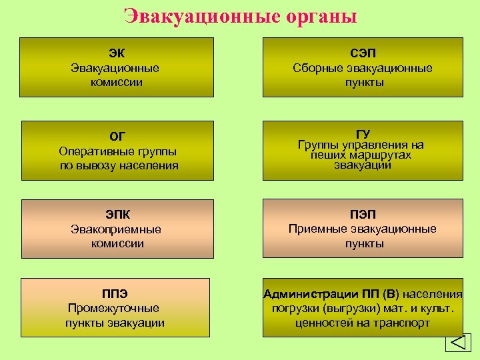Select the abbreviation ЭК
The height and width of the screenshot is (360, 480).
[117, 53]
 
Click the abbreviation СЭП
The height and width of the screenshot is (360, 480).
[363, 53]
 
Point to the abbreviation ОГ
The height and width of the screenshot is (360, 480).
[117, 137]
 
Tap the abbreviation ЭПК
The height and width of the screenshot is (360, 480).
[117, 214]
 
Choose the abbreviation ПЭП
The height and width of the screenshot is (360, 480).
[363, 214]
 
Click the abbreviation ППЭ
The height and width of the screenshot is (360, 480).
[115, 293]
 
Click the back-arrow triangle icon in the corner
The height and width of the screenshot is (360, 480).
[458, 343]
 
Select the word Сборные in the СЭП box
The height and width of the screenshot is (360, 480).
[315, 68]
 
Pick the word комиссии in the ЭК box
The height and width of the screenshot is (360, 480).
[117, 83]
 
